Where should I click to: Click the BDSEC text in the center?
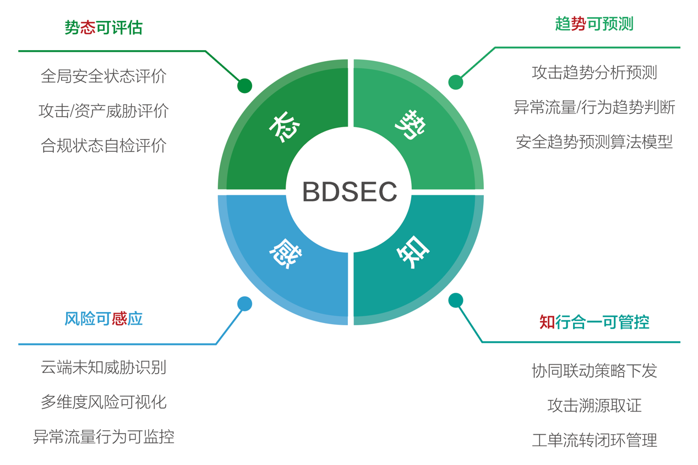(350, 192)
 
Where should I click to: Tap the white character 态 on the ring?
(284, 127)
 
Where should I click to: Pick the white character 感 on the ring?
(285, 253)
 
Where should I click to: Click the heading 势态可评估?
(103, 28)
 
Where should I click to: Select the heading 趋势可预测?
(594, 24)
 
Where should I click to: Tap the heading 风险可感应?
(103, 319)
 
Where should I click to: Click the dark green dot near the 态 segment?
(244, 85)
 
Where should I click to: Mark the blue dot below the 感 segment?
(244, 303)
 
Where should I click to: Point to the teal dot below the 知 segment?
(456, 300)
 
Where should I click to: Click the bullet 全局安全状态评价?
(103, 76)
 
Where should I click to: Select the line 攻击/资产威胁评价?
(103, 111)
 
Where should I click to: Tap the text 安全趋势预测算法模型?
(594, 142)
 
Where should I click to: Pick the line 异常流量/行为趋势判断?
(594, 107)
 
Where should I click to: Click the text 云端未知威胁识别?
(103, 367)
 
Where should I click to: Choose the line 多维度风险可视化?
(103, 402)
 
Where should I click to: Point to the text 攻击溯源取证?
(594, 406)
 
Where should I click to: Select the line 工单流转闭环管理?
(594, 440)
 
